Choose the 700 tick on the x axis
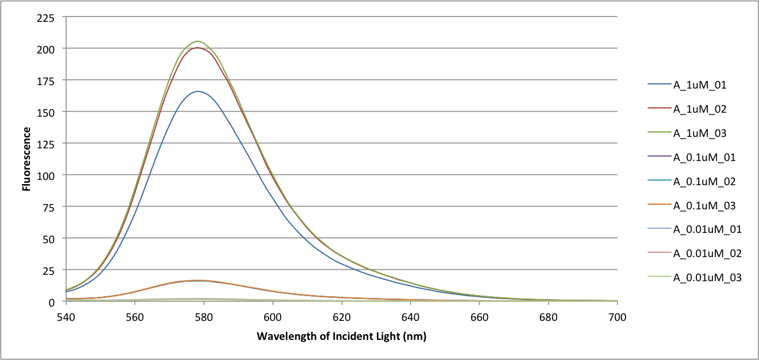click(x=617, y=317)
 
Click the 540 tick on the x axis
click(x=66, y=317)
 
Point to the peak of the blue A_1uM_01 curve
click(x=198, y=91)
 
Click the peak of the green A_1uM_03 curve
click(x=198, y=41)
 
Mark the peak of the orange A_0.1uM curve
click(x=198, y=281)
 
